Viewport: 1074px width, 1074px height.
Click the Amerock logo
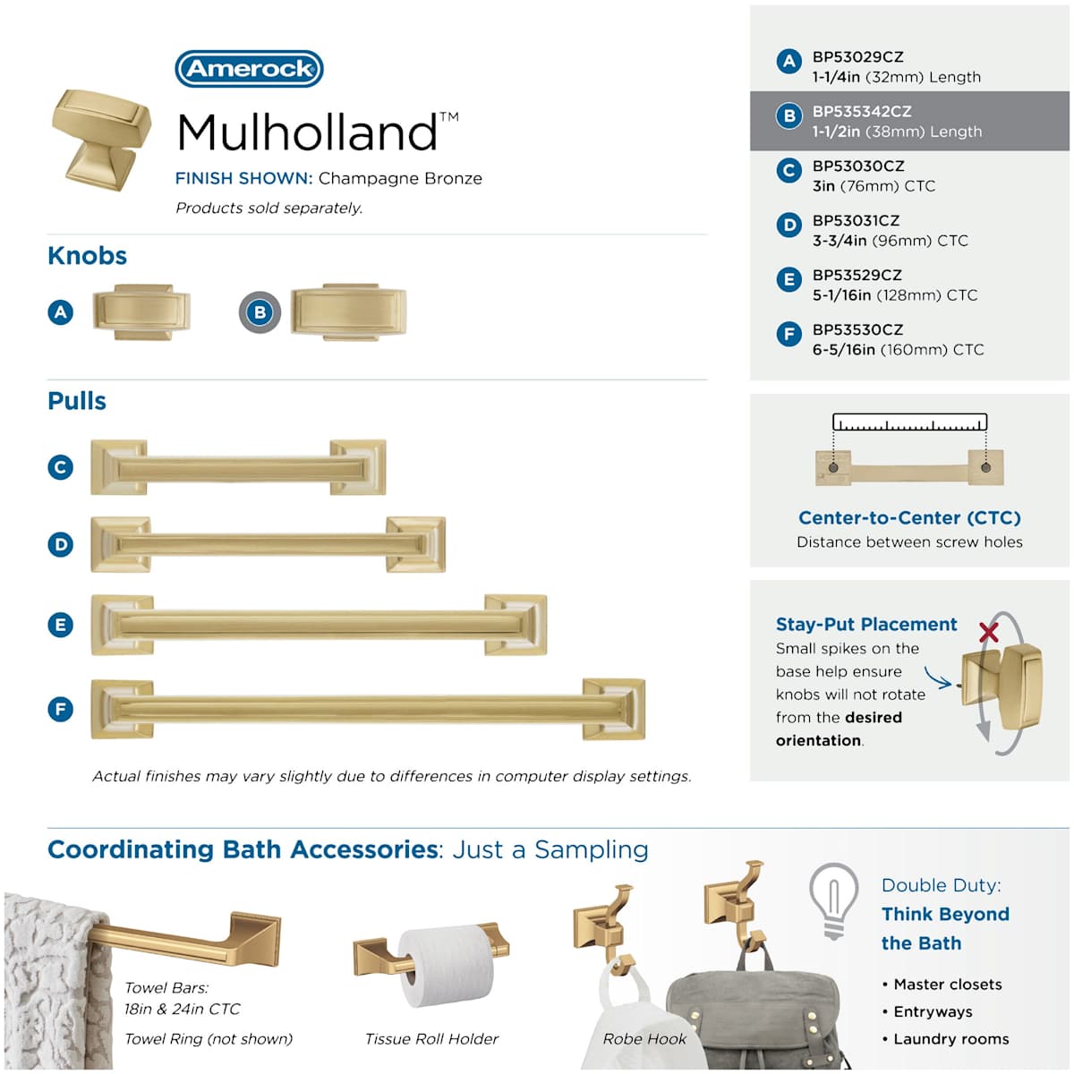249,69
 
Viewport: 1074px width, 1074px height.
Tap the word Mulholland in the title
307,132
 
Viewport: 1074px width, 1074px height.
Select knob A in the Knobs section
141,312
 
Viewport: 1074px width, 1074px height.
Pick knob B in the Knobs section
349,312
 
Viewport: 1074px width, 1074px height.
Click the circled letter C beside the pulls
60,467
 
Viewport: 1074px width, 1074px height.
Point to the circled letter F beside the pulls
60,709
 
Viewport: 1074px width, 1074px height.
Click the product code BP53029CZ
857,57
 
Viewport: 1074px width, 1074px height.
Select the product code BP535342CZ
862,112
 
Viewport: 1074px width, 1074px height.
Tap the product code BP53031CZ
856,221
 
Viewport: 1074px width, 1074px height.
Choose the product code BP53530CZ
857,330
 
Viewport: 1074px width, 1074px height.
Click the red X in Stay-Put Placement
989,632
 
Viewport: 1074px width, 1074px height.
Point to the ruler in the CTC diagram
909,422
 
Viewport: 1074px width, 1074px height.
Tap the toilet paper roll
447,967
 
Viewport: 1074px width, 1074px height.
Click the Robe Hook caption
644,1039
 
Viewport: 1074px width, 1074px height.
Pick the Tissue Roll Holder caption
431,1039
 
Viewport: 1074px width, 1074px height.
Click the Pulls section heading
77,401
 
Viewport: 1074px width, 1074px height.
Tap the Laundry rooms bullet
946,1039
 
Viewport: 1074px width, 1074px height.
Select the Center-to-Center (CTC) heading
909,518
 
